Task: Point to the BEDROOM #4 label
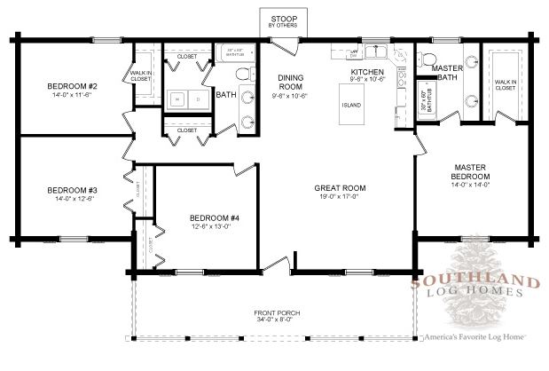(x=210, y=217)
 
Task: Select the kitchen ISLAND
(x=352, y=105)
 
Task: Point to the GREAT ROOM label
(x=340, y=188)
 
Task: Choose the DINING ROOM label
(x=291, y=82)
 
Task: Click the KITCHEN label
(x=366, y=71)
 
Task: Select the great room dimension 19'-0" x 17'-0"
(x=340, y=198)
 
